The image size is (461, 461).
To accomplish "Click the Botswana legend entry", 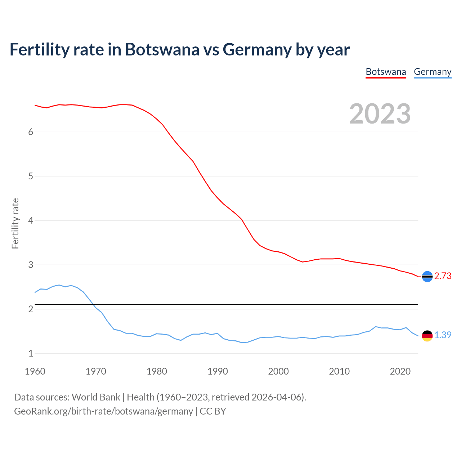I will (x=386, y=72).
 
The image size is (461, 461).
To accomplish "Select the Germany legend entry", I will (x=432, y=72).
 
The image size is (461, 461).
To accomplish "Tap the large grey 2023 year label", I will (x=380, y=114).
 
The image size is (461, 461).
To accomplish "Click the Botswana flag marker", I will (x=427, y=276).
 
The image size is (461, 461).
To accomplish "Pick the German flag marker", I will (x=427, y=336).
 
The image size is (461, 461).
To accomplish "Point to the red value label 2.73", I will (x=443, y=276).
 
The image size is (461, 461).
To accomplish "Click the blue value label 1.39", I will (x=443, y=335).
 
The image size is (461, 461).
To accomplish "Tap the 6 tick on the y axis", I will (x=31, y=132).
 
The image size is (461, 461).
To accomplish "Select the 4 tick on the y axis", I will (x=31, y=220).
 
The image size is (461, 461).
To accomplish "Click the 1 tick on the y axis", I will (x=31, y=354).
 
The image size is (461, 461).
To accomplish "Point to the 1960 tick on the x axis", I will (x=35, y=371).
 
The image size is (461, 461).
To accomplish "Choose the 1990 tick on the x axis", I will (x=218, y=371).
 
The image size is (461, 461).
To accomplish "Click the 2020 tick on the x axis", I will (x=400, y=371).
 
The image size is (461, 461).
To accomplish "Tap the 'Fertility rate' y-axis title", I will (x=15, y=223).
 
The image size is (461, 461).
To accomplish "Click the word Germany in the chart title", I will (x=257, y=50).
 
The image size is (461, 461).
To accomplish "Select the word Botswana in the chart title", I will (x=162, y=50).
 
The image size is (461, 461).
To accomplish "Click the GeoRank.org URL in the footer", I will (x=103, y=411).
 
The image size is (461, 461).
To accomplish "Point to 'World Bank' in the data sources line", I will (x=96, y=397).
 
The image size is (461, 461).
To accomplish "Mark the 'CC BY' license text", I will (x=213, y=411).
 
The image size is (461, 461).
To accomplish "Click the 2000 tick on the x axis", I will (x=278, y=371).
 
